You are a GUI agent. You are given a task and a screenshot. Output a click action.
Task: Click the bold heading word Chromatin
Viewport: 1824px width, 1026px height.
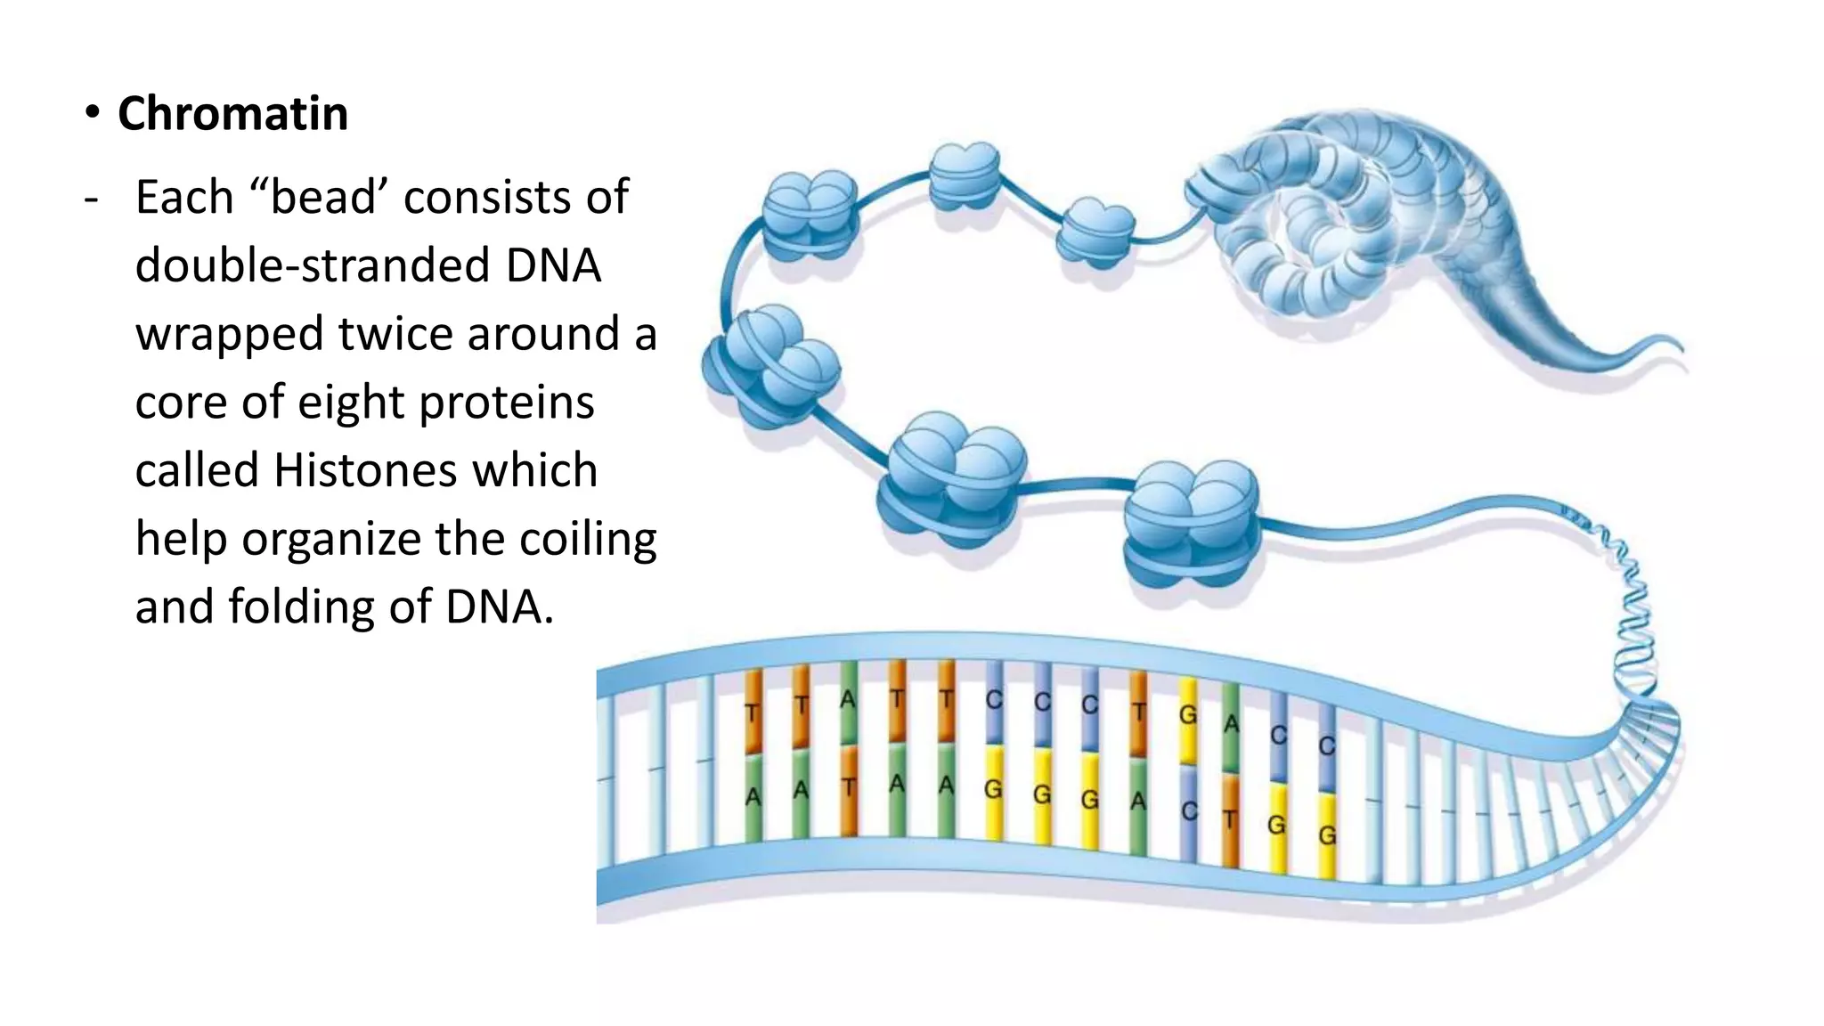(x=232, y=114)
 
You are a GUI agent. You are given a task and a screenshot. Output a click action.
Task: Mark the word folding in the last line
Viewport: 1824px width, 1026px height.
(x=302, y=607)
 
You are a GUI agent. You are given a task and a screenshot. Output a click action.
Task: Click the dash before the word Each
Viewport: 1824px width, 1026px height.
(x=91, y=198)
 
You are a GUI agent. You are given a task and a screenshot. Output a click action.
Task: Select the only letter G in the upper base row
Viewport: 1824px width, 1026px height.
(x=1187, y=715)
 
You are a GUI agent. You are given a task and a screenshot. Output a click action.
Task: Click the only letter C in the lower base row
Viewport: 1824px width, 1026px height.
(x=1189, y=811)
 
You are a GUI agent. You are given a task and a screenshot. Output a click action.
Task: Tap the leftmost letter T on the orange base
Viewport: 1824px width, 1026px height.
(x=753, y=713)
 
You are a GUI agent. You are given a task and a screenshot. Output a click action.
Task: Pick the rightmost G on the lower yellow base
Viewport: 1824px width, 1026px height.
(x=1326, y=835)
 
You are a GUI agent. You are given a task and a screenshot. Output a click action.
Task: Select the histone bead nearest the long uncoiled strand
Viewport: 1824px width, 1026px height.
(x=1191, y=525)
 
